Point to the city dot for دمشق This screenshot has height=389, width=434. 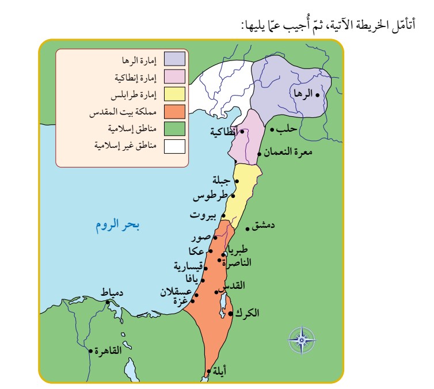coord(248,229)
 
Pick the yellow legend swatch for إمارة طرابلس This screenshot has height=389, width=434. coord(174,94)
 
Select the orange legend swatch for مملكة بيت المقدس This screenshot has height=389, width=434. coord(174,111)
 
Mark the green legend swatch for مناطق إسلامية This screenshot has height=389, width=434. coord(174,128)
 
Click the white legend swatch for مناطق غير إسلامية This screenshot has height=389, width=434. coord(174,146)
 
